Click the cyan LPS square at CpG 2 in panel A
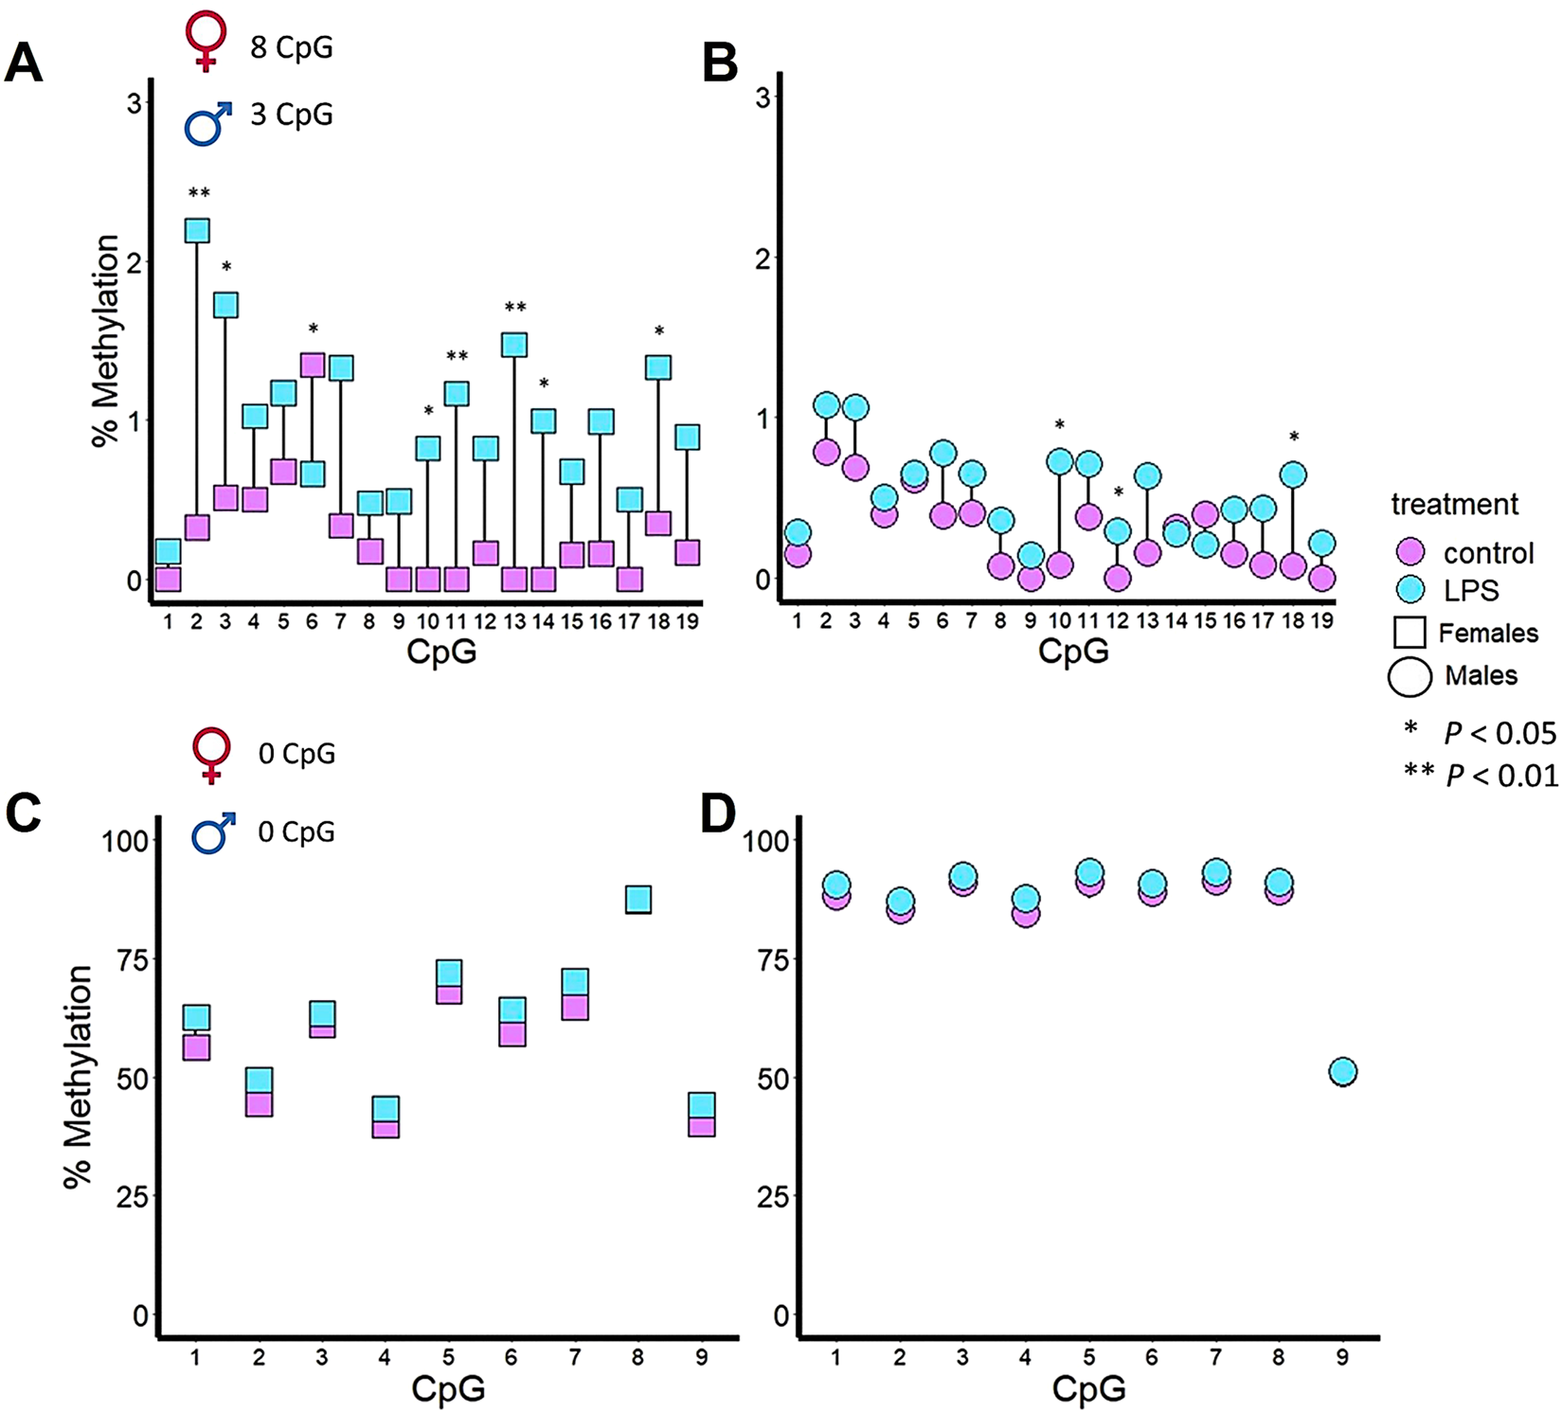(197, 231)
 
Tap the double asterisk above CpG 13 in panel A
(514, 308)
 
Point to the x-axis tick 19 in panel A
(688, 621)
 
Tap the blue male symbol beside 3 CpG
(208, 124)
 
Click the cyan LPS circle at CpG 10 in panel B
(1060, 461)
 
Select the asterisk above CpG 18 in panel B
(1294, 438)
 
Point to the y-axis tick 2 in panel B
(763, 259)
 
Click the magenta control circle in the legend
(1411, 552)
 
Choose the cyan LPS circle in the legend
(1411, 590)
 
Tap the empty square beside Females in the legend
(1409, 633)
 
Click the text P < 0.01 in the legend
(1501, 776)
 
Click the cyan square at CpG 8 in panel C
(637, 899)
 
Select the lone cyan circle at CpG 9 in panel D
(1342, 1072)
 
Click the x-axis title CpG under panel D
(1088, 1389)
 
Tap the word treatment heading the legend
(1454, 504)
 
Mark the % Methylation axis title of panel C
(78, 1077)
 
